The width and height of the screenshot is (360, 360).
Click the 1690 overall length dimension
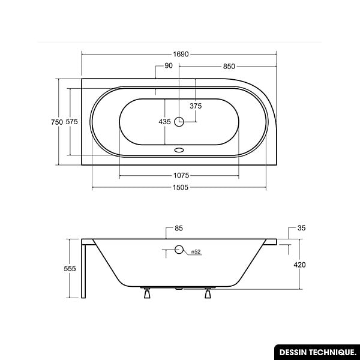(181, 54)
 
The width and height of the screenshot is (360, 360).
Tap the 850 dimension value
(229, 67)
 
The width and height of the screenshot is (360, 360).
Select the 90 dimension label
(169, 65)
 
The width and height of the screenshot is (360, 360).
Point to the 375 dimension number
(196, 106)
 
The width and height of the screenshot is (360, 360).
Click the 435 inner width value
(164, 122)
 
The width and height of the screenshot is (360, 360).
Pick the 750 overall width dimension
(57, 122)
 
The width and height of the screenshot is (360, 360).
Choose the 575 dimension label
(71, 122)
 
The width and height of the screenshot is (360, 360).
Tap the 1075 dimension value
(181, 175)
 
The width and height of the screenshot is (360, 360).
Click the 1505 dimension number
(181, 188)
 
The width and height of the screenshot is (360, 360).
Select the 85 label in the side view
(179, 228)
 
